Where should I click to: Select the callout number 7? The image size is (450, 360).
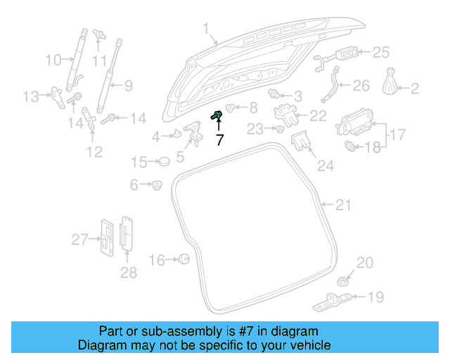pyautogui.click(x=219, y=140)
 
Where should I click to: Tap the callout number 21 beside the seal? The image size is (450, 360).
pyautogui.click(x=342, y=205)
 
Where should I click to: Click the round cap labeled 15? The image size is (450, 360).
pyautogui.click(x=164, y=162)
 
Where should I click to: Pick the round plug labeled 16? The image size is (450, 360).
pyautogui.click(x=184, y=259)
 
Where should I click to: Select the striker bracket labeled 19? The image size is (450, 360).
pyautogui.click(x=330, y=302)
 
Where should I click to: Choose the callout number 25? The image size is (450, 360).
pyautogui.click(x=380, y=51)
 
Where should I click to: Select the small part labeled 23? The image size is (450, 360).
pyautogui.click(x=279, y=129)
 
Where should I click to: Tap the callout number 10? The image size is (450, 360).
pyautogui.click(x=54, y=60)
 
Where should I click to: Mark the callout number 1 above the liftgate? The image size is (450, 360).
pyautogui.click(x=206, y=29)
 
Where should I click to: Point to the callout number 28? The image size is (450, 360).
pyautogui.click(x=128, y=272)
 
